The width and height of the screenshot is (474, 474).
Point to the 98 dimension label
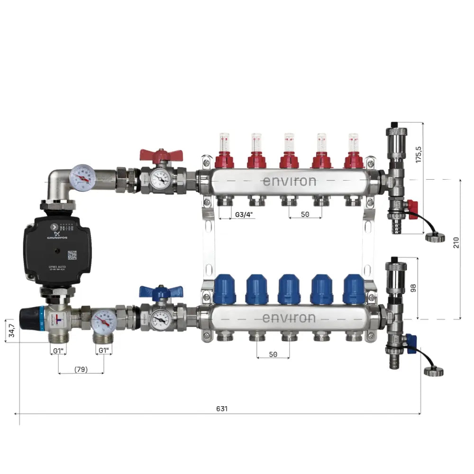coord(412,288)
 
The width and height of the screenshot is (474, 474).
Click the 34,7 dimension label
coord(9,331)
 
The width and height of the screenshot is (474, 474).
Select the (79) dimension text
coord(81,369)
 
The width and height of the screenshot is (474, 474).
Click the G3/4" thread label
coord(244,214)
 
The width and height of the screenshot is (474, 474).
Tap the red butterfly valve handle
coord(154,155)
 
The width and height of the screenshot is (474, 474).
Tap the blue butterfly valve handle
coord(154,291)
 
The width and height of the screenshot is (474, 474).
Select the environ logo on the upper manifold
coord(289,181)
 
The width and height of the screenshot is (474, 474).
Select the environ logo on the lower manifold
coord(289,318)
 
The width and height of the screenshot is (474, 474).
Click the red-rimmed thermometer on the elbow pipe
coord(81,176)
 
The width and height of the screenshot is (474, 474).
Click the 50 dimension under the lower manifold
coord(273,354)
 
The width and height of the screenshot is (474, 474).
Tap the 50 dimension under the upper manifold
coord(305,214)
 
